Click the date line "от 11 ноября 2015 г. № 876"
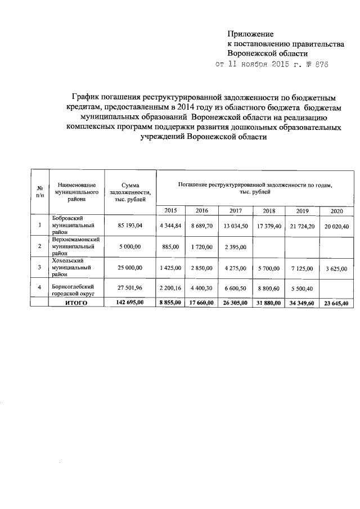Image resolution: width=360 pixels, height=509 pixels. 272,65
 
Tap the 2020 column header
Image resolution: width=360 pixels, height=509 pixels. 336,210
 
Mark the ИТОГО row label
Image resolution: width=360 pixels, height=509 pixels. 76,303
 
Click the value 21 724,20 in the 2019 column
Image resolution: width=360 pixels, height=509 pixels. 303,226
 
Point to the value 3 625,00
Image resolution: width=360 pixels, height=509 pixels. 336,268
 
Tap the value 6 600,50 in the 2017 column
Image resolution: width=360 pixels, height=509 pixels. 236,289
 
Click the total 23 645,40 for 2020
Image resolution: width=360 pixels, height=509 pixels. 336,303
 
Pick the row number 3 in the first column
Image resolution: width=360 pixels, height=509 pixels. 39,268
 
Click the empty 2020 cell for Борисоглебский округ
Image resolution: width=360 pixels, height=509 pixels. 336,289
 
